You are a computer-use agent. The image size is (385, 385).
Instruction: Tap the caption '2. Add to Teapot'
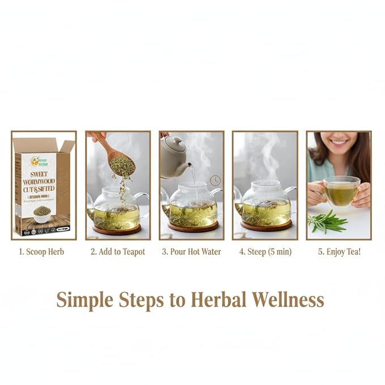click(117, 251)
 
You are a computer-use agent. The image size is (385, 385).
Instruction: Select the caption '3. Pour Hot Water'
click(191, 251)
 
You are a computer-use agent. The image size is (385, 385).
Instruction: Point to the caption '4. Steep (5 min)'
click(265, 251)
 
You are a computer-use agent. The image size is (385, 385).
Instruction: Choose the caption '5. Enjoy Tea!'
click(339, 251)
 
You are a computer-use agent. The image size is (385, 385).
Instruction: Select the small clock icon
click(215, 180)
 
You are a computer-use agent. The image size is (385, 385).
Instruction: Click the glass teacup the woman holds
click(341, 191)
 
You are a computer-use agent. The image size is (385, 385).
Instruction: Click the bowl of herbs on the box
click(42, 211)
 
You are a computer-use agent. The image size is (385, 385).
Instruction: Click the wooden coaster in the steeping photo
click(265, 226)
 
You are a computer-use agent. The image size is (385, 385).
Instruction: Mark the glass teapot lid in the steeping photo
click(265, 185)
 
